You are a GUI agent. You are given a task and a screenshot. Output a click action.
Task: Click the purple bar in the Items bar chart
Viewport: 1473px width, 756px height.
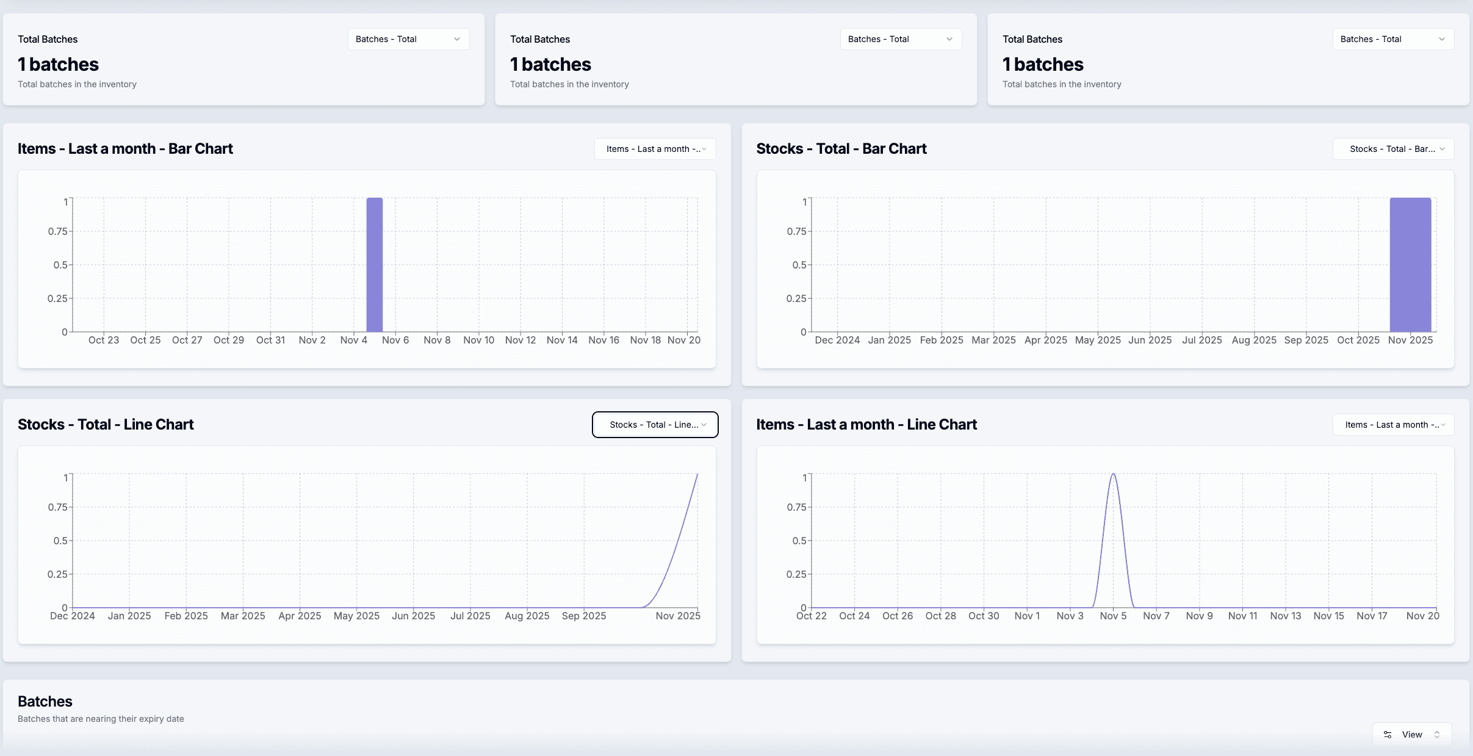(x=374, y=265)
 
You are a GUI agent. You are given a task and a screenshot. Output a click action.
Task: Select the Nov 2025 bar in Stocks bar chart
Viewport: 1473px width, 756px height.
(x=1410, y=265)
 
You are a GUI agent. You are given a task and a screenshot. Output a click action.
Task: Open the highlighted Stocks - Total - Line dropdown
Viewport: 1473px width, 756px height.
(x=655, y=425)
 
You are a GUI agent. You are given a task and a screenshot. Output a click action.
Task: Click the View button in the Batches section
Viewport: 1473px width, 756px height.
(x=1411, y=735)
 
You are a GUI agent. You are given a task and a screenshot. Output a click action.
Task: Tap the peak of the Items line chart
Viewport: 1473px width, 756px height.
(x=1113, y=474)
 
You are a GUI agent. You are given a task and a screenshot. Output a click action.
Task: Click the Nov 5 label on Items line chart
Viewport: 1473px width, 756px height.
(x=1113, y=616)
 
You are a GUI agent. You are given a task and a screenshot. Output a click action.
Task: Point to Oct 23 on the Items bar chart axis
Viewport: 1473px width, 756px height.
(x=104, y=340)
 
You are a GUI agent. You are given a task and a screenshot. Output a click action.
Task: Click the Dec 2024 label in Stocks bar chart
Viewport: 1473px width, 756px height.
(x=837, y=340)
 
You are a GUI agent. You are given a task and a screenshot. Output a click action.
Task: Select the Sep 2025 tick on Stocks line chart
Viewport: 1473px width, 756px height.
(x=584, y=616)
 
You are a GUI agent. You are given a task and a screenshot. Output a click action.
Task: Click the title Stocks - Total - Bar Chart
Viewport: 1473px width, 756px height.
(x=841, y=149)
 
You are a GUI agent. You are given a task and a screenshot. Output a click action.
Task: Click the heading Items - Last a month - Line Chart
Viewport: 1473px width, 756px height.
(x=866, y=425)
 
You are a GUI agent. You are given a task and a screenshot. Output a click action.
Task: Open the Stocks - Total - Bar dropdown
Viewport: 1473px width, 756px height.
(x=1393, y=149)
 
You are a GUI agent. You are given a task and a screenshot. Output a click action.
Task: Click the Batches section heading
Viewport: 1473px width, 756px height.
(x=45, y=701)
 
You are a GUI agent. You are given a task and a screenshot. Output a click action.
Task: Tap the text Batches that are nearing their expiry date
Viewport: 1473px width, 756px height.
(x=101, y=719)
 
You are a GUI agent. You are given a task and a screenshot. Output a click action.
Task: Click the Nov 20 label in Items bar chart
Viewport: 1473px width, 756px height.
(x=683, y=340)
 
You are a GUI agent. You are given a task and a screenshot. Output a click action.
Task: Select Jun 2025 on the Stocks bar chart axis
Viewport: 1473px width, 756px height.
(x=1150, y=340)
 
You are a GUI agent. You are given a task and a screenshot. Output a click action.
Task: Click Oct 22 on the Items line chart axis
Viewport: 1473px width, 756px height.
(x=811, y=616)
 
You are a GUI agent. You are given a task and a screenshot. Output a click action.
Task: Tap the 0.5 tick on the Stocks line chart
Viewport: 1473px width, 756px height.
(x=60, y=541)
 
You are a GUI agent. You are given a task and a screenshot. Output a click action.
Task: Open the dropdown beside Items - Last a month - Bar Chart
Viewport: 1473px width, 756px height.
(x=655, y=149)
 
